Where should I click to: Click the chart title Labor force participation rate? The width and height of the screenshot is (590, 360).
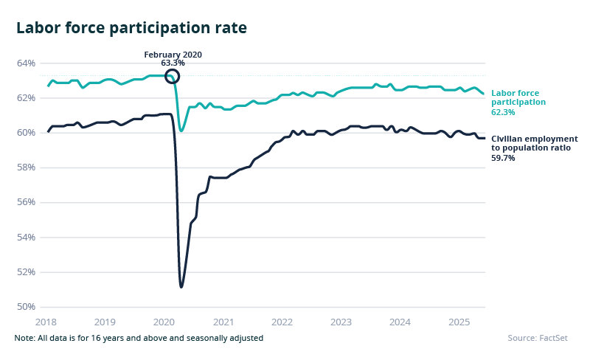coord(131,28)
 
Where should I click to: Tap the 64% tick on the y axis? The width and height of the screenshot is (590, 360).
coord(26,63)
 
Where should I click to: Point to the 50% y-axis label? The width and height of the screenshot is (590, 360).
coord(26,307)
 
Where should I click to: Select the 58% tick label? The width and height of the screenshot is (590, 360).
coord(26,167)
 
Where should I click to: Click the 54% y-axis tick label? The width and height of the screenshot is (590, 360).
coord(26,238)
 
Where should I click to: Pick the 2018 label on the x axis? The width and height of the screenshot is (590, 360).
coord(46,322)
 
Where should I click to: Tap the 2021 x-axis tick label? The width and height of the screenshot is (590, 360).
coord(223,322)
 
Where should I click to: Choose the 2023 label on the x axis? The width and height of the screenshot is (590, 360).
coord(341,322)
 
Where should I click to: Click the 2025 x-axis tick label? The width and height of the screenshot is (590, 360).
coord(459,322)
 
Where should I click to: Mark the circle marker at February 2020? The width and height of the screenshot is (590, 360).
coord(173,75)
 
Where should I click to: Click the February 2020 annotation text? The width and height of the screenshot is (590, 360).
coord(173,55)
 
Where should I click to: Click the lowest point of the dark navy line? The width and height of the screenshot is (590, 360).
coord(181,286)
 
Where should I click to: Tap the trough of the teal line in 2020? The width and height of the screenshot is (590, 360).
coord(181,131)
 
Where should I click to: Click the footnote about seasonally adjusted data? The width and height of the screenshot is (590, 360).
coord(139,338)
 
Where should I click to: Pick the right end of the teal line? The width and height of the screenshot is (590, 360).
coord(484,94)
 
